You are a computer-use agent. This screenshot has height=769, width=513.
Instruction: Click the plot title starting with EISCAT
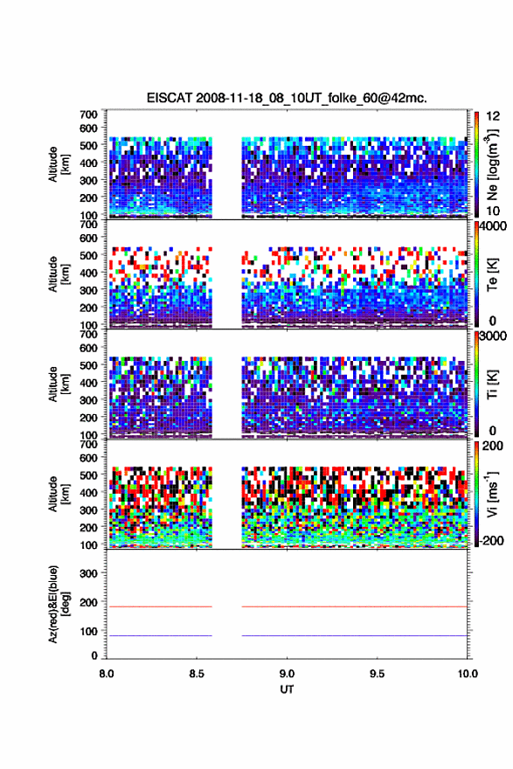coord(287,98)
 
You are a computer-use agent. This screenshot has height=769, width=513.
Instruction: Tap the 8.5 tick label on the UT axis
coord(196,674)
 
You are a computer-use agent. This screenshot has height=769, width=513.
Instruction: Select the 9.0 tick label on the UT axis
coord(287,674)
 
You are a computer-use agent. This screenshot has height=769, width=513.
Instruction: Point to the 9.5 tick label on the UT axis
coord(378,674)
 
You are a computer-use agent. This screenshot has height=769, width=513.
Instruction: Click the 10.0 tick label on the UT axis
coord(468,674)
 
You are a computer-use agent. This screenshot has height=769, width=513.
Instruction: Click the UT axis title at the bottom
coord(287,689)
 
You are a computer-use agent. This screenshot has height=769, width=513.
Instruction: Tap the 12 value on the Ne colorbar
coord(494,115)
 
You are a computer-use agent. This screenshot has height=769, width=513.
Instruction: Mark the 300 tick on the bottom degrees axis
coord(89,573)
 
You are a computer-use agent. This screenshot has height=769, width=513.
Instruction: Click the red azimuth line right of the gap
coord(355,606)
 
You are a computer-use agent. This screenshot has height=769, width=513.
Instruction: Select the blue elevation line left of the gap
coord(159,635)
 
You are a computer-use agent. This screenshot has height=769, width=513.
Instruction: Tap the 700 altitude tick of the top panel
coord(89,114)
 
